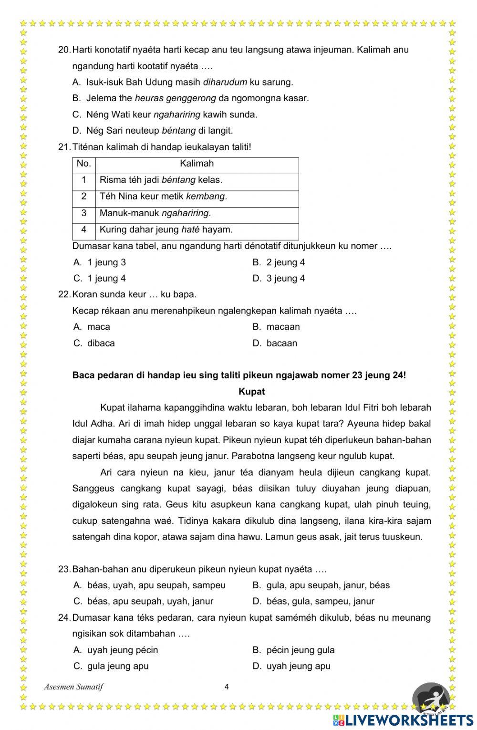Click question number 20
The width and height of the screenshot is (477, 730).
coord(64,50)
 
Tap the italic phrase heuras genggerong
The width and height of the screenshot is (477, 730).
coord(175,98)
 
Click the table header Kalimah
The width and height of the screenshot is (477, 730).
coord(197,164)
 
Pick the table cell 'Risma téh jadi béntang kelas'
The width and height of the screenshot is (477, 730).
coord(161,180)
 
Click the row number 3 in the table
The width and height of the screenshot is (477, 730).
coord(84,213)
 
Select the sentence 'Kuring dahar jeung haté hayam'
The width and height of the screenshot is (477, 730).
coord(166,229)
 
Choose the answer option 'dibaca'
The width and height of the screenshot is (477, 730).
coord(101,343)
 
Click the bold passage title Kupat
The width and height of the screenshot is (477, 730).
coord(251,392)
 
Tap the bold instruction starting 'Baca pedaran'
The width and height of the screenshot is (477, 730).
coord(239,375)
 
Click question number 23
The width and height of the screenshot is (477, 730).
coord(64,569)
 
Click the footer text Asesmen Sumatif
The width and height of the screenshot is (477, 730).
coord(73,687)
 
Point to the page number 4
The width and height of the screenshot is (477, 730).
coord(227,687)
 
